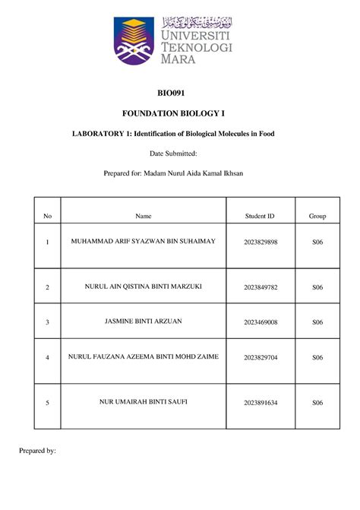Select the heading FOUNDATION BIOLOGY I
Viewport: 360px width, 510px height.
(x=180, y=113)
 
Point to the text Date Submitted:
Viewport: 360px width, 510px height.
(x=180, y=154)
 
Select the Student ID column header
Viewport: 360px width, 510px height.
(x=260, y=217)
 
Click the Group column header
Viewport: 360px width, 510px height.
(x=317, y=217)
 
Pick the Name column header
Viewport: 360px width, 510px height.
(x=144, y=217)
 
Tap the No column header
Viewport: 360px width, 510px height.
(x=47, y=217)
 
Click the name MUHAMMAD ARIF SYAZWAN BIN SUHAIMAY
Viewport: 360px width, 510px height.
(x=144, y=241)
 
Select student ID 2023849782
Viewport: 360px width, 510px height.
(x=261, y=287)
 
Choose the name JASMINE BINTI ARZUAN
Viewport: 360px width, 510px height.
(x=144, y=322)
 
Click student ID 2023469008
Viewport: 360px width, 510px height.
(x=261, y=322)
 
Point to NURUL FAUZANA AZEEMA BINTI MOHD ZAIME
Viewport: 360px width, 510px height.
(x=144, y=356)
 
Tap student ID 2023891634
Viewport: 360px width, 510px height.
(x=261, y=402)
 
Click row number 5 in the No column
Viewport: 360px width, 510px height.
(x=47, y=402)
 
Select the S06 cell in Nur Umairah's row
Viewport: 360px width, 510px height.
(x=317, y=402)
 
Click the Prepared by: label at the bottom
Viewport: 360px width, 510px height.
(x=37, y=451)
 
